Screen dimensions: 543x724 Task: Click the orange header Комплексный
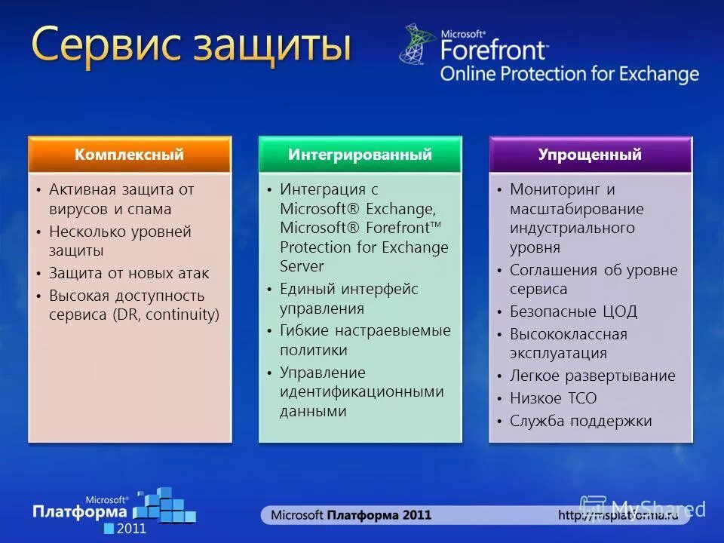click(x=129, y=155)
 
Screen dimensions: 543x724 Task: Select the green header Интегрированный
click(x=360, y=155)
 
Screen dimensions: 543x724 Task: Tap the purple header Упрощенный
click(x=590, y=155)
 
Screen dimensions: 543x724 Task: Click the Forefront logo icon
click(x=417, y=44)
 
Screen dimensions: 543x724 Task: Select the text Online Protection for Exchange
click(x=569, y=74)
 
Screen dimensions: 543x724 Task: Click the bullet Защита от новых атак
click(x=129, y=273)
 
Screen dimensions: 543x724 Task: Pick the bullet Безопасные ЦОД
click(x=573, y=311)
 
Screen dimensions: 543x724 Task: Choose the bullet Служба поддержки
click(x=581, y=421)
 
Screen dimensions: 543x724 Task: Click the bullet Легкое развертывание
click(x=592, y=376)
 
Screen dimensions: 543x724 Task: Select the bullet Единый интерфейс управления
click(x=348, y=299)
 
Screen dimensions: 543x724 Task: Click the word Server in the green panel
click(x=302, y=266)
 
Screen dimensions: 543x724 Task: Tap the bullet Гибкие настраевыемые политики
click(x=365, y=340)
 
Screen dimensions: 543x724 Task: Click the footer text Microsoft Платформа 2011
click(x=351, y=515)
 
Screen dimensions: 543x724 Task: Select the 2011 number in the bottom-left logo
click(x=137, y=528)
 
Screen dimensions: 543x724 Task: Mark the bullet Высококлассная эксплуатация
click(x=568, y=343)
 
